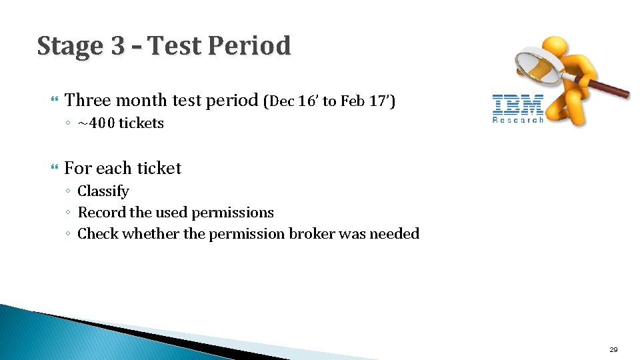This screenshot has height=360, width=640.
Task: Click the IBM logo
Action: pyautogui.click(x=518, y=105)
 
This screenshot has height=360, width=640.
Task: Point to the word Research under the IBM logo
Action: pyautogui.click(x=518, y=120)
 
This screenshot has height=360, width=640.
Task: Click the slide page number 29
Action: pyautogui.click(x=613, y=349)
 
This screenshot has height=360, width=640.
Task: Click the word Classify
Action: pyautogui.click(x=103, y=191)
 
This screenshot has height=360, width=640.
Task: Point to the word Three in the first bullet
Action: pyautogui.click(x=87, y=101)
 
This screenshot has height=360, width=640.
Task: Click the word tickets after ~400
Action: pyautogui.click(x=141, y=123)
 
